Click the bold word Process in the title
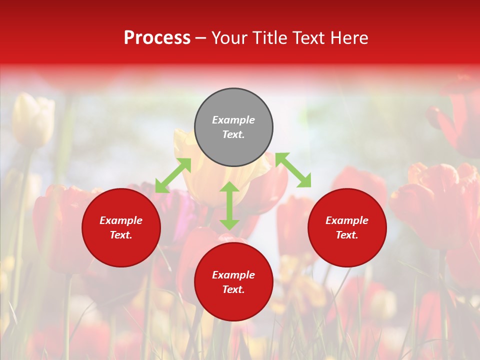[x=157, y=38]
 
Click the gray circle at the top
[x=233, y=105]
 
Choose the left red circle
[x=121, y=245]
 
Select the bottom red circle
[x=233, y=300]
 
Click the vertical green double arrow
[x=229, y=205]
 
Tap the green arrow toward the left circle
[x=173, y=175]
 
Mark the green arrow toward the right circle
[x=293, y=170]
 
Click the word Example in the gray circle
[x=233, y=120]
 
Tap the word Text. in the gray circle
[x=233, y=134]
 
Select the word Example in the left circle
[x=121, y=220]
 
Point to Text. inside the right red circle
[x=347, y=235]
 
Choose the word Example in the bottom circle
[x=233, y=275]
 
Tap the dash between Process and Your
[x=201, y=38]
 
